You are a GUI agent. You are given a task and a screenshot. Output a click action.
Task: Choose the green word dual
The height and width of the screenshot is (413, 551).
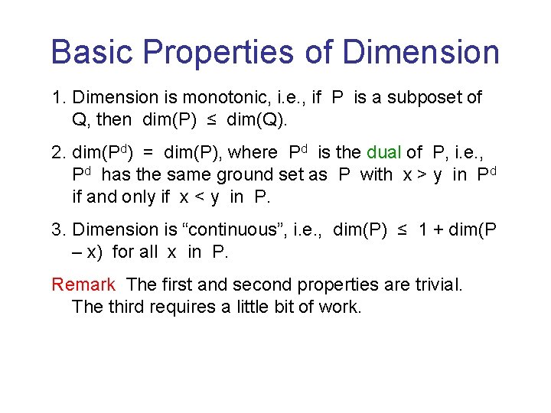coord(384,153)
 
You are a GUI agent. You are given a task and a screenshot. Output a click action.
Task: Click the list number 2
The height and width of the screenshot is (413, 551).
coord(57,153)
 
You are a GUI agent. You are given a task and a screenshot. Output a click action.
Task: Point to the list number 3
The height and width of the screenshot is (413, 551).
coord(57,230)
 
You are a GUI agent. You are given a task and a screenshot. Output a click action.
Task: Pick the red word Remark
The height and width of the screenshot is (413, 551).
coord(83,285)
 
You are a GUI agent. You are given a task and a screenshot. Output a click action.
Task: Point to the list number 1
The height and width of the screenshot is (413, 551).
coord(57,98)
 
